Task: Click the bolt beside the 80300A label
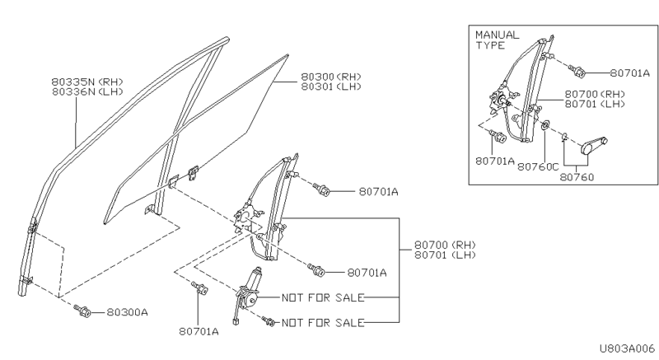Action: tap(83, 311)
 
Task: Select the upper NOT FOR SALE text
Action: tap(322, 297)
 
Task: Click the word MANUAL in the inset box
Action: tap(498, 35)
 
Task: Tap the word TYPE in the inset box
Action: tap(489, 45)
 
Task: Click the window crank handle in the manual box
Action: tap(591, 147)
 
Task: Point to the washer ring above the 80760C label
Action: tap(546, 127)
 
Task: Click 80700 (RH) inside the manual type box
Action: tap(596, 95)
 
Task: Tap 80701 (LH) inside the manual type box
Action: tap(596, 105)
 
